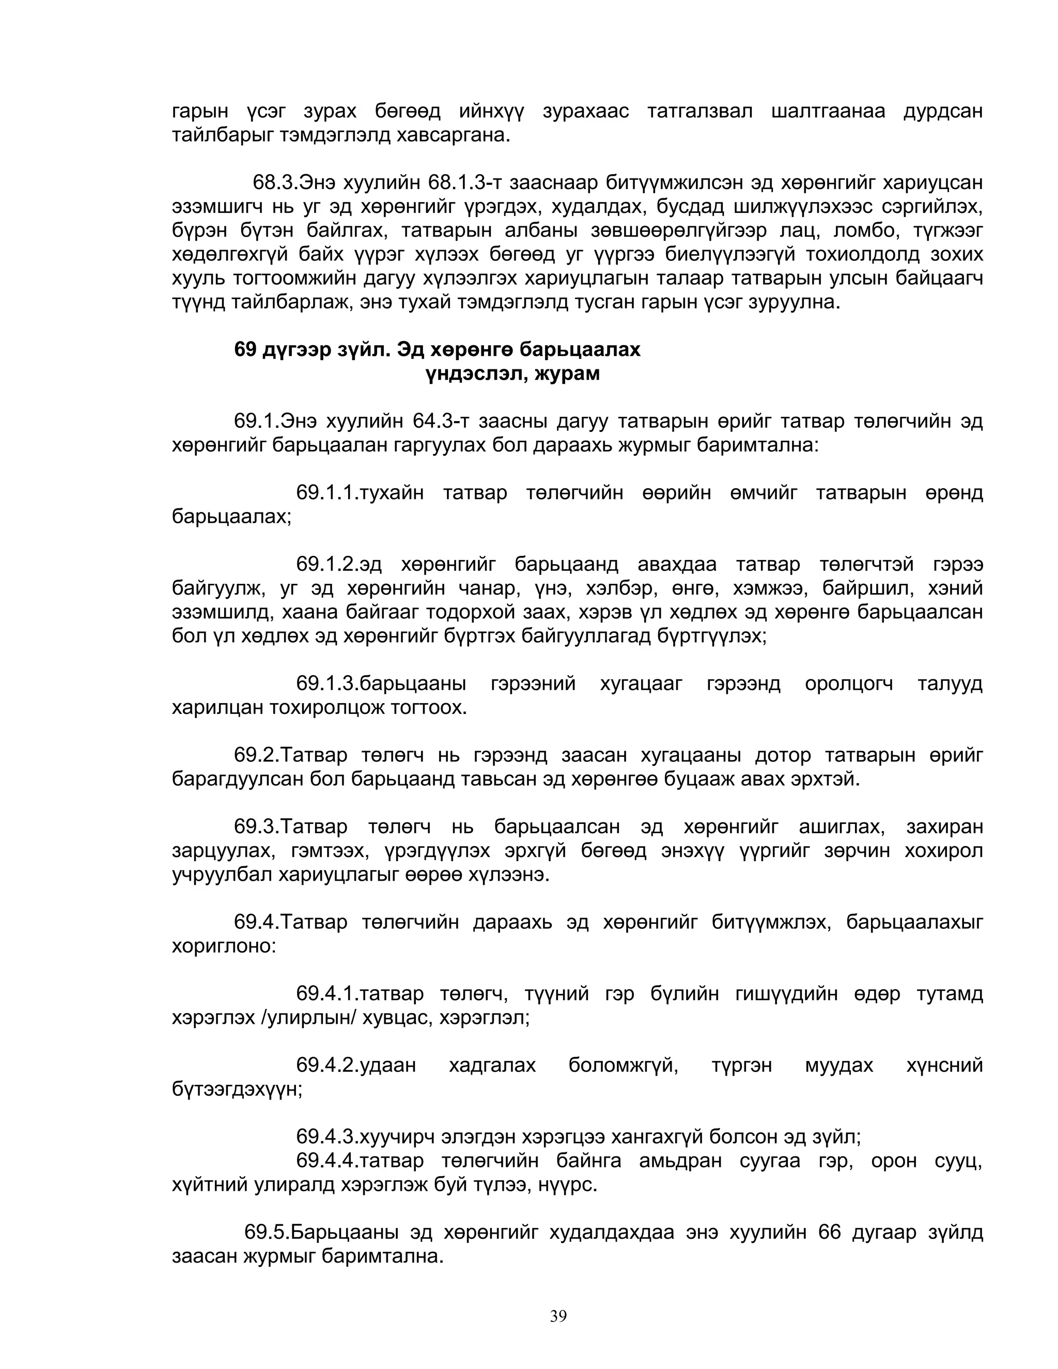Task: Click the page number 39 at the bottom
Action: click(x=558, y=1316)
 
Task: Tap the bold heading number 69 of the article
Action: click(x=245, y=349)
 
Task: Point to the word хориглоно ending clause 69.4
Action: click(x=224, y=946)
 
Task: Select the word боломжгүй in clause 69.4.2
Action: click(x=623, y=1066)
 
